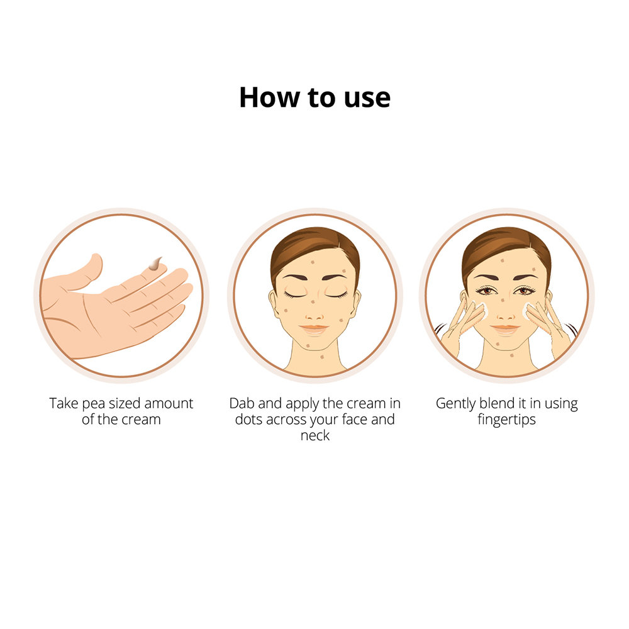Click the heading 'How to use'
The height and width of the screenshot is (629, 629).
coord(314,98)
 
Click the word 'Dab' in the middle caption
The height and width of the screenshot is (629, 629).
coord(242,403)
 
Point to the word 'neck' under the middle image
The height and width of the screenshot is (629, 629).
coord(314,435)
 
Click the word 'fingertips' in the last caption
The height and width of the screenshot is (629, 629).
coord(506,419)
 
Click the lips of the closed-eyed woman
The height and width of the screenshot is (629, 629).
coord(314,328)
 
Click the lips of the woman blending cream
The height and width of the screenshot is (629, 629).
coord(506,328)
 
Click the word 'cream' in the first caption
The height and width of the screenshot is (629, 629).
coord(142,419)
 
